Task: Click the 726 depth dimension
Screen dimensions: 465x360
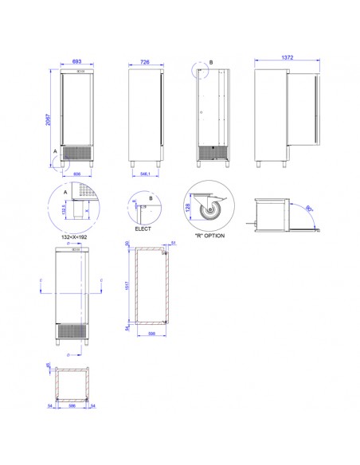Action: tap(145, 61)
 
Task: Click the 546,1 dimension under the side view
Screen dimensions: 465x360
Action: tap(144, 173)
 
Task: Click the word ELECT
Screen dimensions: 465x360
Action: tap(143, 229)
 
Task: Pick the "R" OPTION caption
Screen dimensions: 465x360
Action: tap(209, 236)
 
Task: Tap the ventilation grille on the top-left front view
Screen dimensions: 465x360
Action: tap(76, 151)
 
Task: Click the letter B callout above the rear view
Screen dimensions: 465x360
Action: tap(211, 63)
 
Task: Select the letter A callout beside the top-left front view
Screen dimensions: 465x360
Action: tap(55, 150)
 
